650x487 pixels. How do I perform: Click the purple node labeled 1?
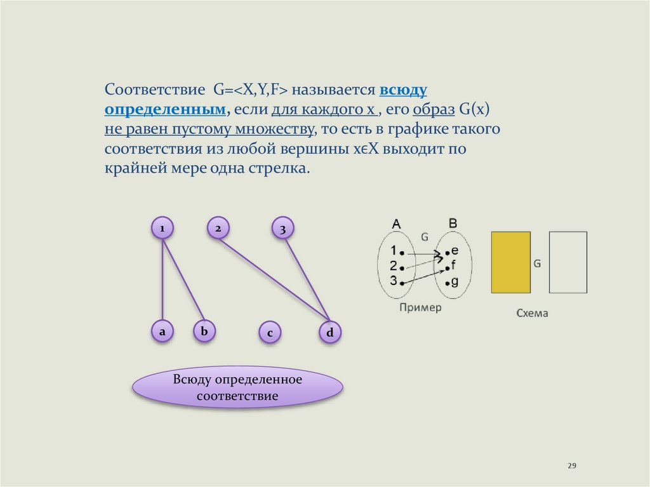(x=162, y=227)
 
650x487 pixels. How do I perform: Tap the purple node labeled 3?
(x=282, y=229)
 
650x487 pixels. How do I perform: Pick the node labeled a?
(x=162, y=331)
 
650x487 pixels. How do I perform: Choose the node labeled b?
(x=204, y=331)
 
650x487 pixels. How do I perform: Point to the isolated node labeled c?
(x=270, y=333)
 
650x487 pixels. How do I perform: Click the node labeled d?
(x=330, y=332)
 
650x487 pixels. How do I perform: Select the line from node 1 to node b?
(x=183, y=279)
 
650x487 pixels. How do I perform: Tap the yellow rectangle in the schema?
(x=510, y=262)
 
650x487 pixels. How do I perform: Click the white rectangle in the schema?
(x=567, y=262)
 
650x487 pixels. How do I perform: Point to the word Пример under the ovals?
(x=420, y=307)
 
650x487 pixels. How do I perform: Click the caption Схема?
(x=532, y=314)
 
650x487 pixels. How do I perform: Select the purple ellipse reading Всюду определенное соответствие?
(x=237, y=387)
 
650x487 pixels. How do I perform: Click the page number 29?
(x=571, y=467)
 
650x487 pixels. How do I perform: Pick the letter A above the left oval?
(x=397, y=223)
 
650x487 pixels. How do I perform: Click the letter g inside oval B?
(x=454, y=282)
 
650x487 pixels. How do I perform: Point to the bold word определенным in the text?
(x=166, y=109)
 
